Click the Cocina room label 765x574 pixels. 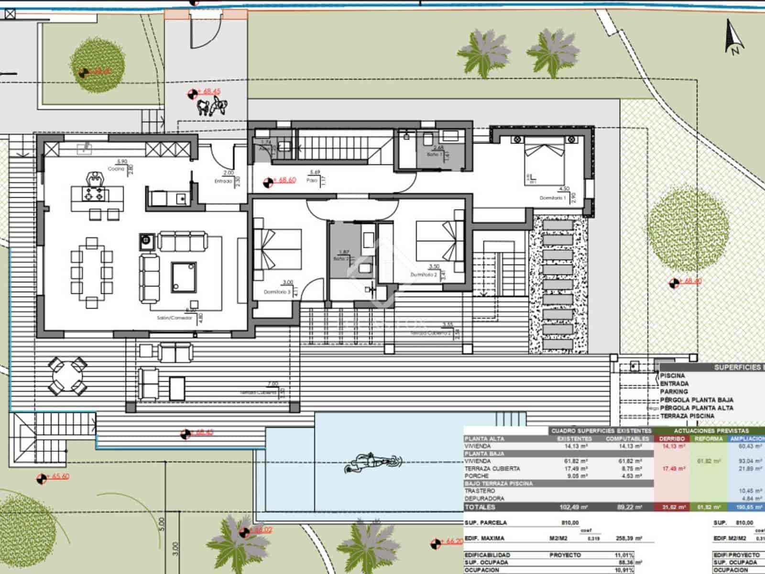(116, 169)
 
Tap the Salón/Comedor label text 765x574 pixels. (174, 318)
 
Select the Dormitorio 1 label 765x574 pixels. (553, 198)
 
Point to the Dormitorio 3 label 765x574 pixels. (277, 291)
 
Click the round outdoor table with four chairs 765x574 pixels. (67, 375)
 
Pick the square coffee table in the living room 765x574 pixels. (184, 277)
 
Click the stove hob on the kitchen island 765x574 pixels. (91, 194)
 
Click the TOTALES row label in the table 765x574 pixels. (480, 507)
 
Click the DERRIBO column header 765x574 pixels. (671, 439)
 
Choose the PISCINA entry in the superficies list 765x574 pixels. (672, 376)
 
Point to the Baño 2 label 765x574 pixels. (341, 259)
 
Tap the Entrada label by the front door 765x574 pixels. (223, 181)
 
